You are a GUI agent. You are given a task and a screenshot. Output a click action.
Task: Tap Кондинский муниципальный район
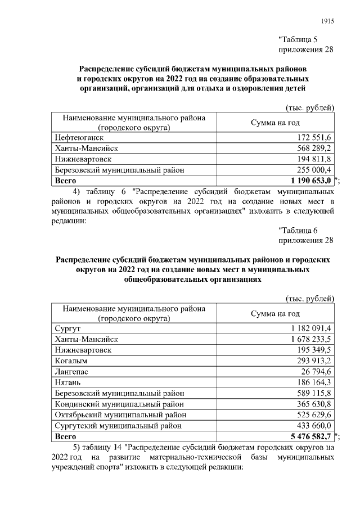click(x=119, y=404)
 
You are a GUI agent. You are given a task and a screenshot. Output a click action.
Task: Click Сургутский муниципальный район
click(x=119, y=425)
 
